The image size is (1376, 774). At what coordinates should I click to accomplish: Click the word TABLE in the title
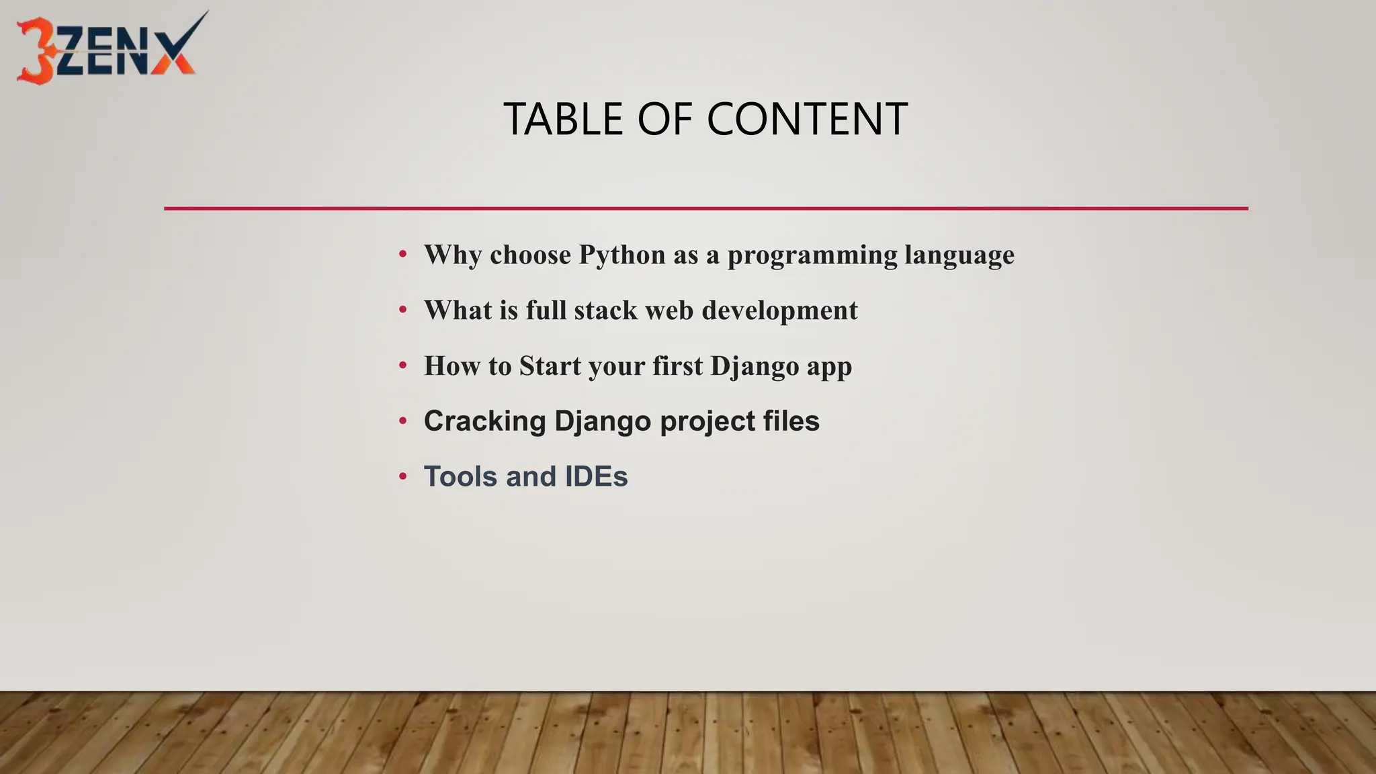563,120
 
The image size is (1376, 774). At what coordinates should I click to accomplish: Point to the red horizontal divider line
705,208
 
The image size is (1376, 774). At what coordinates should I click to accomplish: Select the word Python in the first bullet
622,255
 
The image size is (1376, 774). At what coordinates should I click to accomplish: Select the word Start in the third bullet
550,366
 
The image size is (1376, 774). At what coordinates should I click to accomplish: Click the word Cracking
484,422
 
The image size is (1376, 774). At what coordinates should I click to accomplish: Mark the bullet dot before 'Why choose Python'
402,255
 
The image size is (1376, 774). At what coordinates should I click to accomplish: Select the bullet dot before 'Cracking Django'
402,421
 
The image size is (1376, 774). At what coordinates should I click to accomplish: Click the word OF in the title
664,120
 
